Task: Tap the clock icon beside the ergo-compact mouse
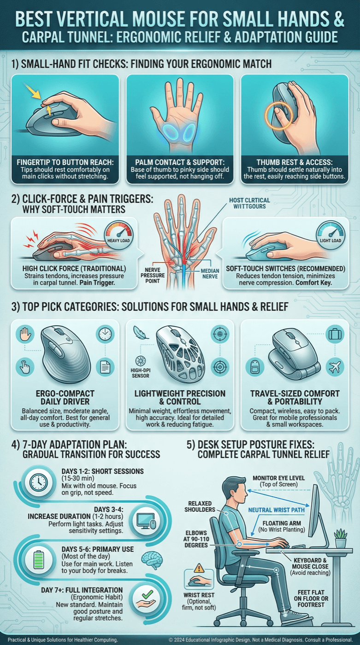[x=105, y=334]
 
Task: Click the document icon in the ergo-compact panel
[x=105, y=367]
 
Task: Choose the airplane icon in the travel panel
[x=335, y=367]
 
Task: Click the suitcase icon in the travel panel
[x=335, y=334]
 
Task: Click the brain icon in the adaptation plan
[x=152, y=559]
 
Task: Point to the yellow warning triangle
[x=200, y=568]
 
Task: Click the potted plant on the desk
[x=341, y=538]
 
